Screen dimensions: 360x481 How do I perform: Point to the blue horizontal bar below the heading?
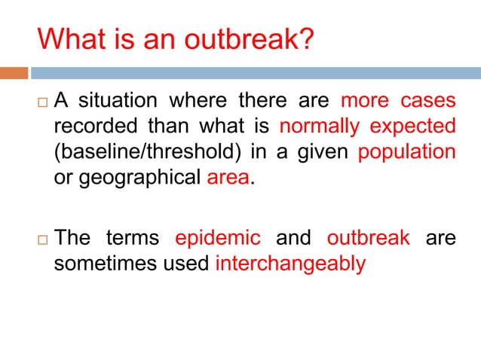[x=255, y=73]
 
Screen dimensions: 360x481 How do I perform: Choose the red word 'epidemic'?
[x=218, y=238]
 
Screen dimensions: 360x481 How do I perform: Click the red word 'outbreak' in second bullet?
[x=369, y=238]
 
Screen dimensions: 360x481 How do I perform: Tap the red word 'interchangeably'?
[x=290, y=264]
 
